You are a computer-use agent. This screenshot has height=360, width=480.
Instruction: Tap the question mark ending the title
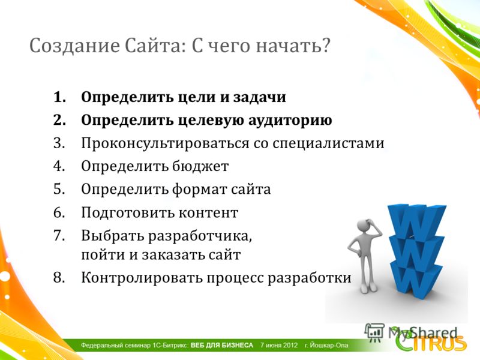pos(325,46)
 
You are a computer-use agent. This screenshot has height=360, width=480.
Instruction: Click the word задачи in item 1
pos(260,97)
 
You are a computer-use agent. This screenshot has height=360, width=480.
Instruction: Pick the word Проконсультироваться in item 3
pos(166,143)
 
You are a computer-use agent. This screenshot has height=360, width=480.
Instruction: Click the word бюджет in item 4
pos(200,166)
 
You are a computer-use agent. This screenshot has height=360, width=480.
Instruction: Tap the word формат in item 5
pos(199,189)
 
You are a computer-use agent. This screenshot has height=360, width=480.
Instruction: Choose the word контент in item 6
pos(208,212)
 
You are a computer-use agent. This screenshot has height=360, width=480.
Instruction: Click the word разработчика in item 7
pos(200,236)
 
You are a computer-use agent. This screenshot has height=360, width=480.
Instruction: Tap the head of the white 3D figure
pos(364,226)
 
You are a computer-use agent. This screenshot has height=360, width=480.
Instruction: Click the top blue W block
pos(417,221)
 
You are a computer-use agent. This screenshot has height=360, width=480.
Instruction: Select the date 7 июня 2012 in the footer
pos(279,346)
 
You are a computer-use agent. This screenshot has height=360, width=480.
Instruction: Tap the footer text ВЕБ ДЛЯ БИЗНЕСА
pos(222,346)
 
